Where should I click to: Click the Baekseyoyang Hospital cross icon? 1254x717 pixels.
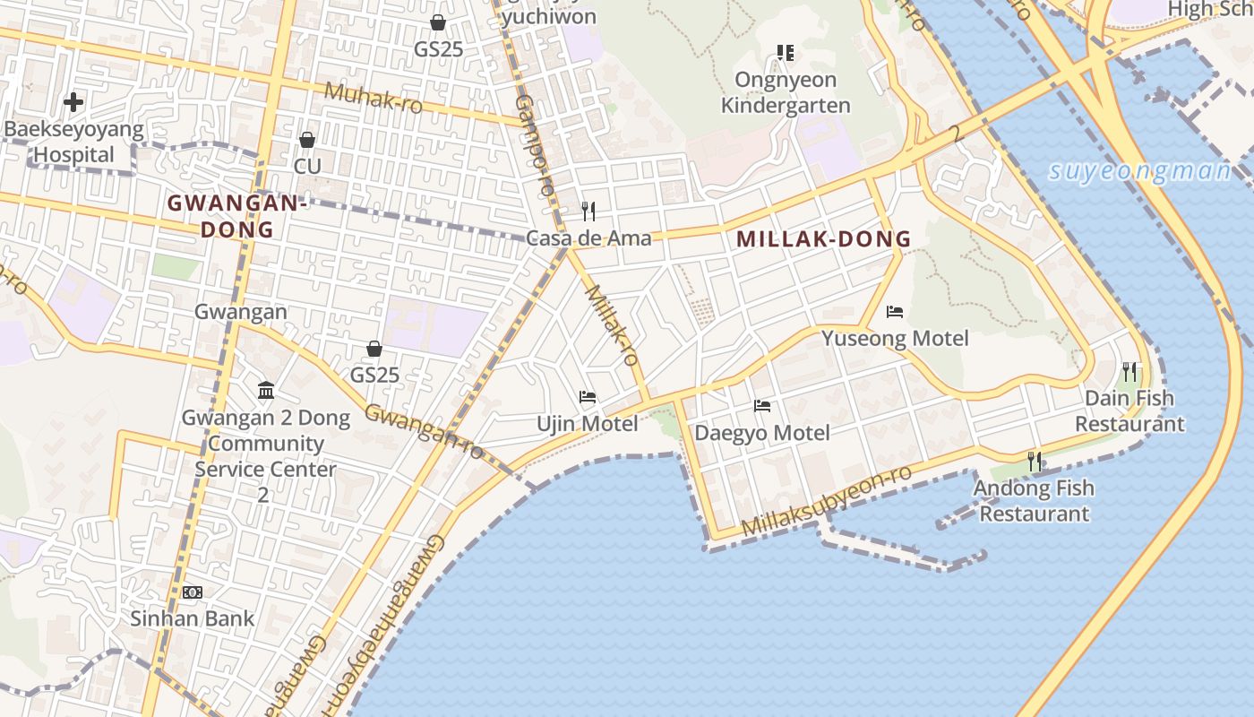[x=73, y=102]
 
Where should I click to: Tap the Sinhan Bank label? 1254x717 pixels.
[x=193, y=618]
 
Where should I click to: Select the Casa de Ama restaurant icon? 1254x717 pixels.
[x=588, y=212]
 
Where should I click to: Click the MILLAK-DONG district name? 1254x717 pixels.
[x=823, y=239]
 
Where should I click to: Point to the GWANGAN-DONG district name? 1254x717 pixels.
[x=237, y=216]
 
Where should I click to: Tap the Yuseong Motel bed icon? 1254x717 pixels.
[x=894, y=312]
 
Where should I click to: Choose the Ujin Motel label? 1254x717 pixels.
[x=588, y=423]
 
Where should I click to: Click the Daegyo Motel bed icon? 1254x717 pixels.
[x=762, y=406]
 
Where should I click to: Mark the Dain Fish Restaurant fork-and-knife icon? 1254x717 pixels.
[x=1129, y=371]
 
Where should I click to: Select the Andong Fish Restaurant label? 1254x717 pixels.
[x=1034, y=501]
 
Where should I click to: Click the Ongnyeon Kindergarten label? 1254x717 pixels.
[x=786, y=92]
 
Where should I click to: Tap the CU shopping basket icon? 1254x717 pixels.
[x=307, y=140]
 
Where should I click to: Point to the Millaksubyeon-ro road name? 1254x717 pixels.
[x=827, y=501]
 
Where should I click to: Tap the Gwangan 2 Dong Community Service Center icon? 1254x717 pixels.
[x=266, y=391]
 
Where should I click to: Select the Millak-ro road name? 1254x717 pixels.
[x=612, y=324]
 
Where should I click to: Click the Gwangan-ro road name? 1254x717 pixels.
[x=425, y=430]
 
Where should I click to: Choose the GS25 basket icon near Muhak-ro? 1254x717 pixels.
[x=438, y=22]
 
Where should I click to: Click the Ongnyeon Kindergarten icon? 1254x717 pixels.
[x=786, y=53]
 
